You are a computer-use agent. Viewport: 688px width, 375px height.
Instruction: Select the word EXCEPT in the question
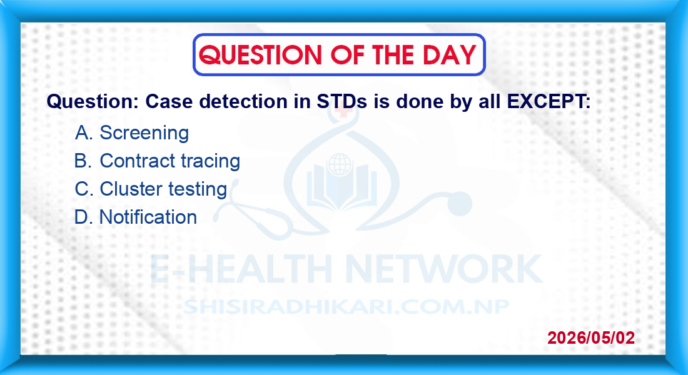coord(549,101)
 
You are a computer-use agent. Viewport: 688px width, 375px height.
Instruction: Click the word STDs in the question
coord(341,101)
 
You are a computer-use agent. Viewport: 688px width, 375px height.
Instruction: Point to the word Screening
coord(144,133)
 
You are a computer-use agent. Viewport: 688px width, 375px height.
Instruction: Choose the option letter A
coord(83,132)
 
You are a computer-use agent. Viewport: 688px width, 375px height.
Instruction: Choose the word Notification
coord(148,217)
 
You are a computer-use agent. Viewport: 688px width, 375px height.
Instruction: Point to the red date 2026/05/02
coord(591,337)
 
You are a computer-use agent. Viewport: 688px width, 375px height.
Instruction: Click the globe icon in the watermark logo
coord(340,165)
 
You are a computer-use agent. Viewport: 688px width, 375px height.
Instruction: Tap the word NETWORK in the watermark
coord(444,269)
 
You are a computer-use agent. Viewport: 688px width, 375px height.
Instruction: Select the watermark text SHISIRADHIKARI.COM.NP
coord(346,307)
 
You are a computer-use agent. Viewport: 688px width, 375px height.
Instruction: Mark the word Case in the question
coord(169,101)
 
